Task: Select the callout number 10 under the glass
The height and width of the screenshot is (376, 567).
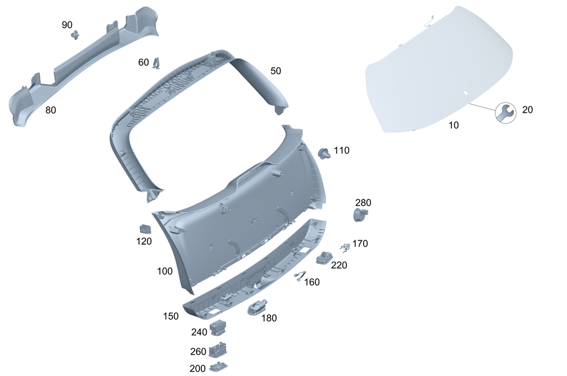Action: click(x=454, y=125)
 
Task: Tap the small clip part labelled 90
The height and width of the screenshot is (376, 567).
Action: click(x=75, y=36)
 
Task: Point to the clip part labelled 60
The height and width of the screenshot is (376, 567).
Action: click(x=156, y=64)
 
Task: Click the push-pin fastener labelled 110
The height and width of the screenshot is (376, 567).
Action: click(x=325, y=152)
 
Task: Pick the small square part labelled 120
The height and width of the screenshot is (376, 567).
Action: click(x=145, y=229)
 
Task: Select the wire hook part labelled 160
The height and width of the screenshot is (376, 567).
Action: click(x=299, y=276)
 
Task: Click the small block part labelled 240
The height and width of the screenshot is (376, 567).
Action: click(x=218, y=327)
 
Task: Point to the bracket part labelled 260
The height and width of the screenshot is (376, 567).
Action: click(x=217, y=350)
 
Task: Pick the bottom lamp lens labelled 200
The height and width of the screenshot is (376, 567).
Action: click(x=217, y=368)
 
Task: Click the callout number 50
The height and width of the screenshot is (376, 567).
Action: click(x=276, y=71)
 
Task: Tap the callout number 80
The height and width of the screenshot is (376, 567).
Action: click(x=50, y=110)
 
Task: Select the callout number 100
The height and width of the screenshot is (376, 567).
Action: click(x=164, y=271)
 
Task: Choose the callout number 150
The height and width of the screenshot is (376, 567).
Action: click(x=171, y=316)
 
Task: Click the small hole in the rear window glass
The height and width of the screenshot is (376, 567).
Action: click(x=465, y=92)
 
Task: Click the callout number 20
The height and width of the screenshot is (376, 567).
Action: click(x=527, y=110)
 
